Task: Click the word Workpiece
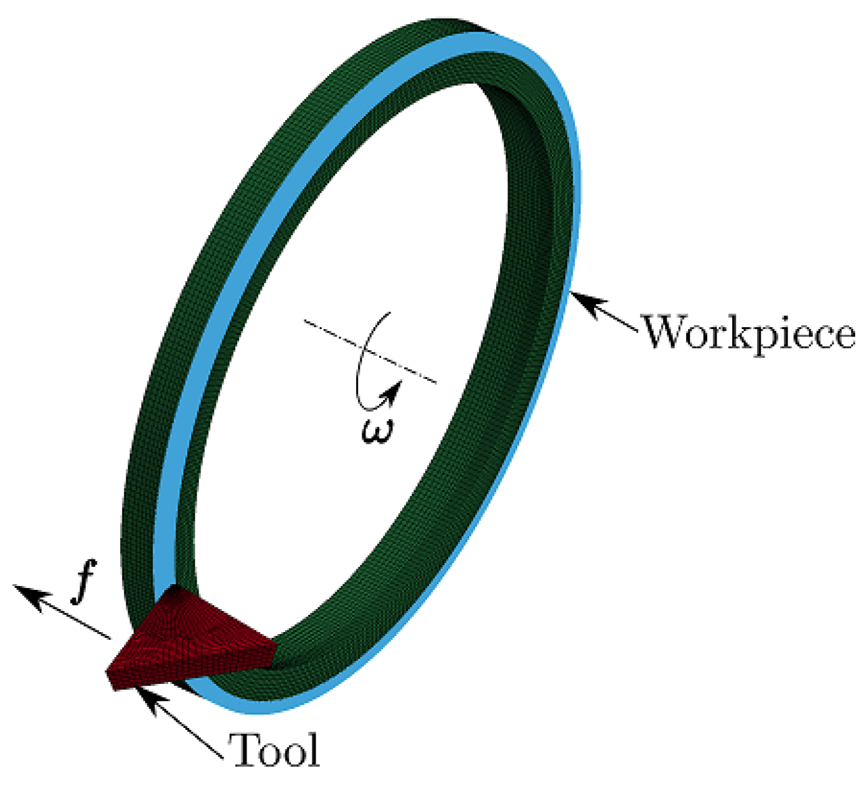[x=748, y=333]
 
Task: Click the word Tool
[x=274, y=750]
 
